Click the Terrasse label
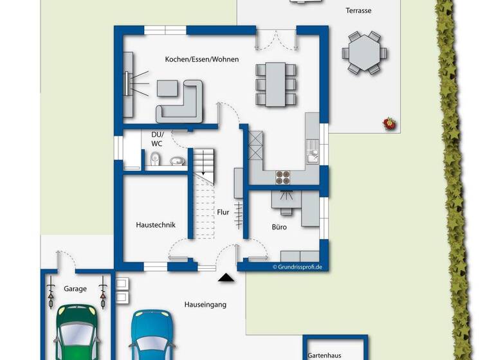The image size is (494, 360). (358, 10)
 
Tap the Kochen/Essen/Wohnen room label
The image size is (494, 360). (201, 59)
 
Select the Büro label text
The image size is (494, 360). (279, 227)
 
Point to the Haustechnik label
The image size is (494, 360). (156, 225)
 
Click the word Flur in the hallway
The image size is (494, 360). (223, 212)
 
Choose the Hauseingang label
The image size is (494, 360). (205, 304)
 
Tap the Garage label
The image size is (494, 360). (75, 289)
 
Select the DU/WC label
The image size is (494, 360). (157, 139)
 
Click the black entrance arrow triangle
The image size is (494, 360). (225, 278)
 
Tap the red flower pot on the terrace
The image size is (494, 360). (388, 122)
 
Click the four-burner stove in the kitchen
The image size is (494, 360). (284, 177)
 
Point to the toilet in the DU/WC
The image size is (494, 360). (156, 159)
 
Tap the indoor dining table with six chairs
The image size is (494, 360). (276, 84)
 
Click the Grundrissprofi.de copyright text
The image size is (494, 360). (297, 266)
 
